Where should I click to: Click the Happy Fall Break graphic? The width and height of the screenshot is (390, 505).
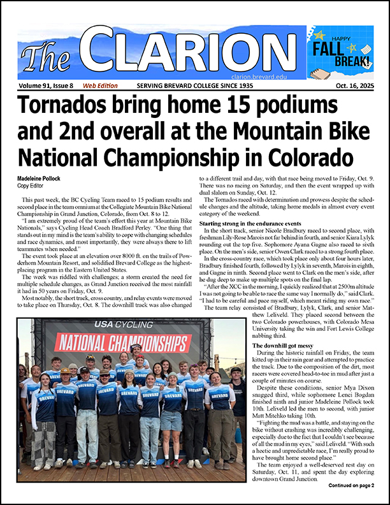point(339,51)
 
